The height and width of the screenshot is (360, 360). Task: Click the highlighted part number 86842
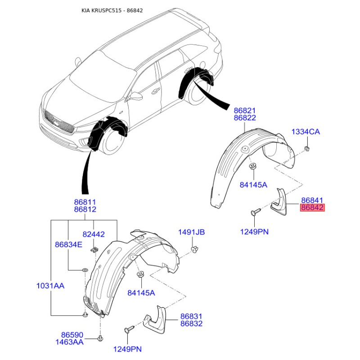pyautogui.click(x=312, y=207)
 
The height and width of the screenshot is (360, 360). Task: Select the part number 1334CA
pyautogui.click(x=306, y=132)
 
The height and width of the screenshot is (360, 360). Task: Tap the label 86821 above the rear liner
pyautogui.click(x=245, y=111)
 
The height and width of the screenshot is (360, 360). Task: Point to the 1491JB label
pyautogui.click(x=192, y=232)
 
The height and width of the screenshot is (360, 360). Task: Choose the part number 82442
pyautogui.click(x=94, y=234)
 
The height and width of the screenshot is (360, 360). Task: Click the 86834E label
pyautogui.click(x=68, y=244)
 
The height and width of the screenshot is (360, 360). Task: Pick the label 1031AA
pyautogui.click(x=50, y=286)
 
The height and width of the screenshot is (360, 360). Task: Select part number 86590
pyautogui.click(x=72, y=335)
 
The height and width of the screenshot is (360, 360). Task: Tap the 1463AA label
pyautogui.click(x=69, y=342)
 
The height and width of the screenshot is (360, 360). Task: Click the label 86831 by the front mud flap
pyautogui.click(x=191, y=316)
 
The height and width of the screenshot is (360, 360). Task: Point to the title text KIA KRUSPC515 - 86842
pyautogui.click(x=112, y=10)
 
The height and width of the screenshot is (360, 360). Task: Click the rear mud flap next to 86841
pyautogui.click(x=279, y=202)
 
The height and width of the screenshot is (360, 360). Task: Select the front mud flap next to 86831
pyautogui.click(x=154, y=319)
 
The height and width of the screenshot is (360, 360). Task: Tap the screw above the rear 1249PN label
pyautogui.click(x=256, y=211)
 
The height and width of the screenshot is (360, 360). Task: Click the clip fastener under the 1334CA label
pyautogui.click(x=307, y=148)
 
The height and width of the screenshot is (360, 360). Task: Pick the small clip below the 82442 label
pyautogui.click(x=94, y=250)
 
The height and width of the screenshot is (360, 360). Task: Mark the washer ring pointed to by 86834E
pyautogui.click(x=85, y=270)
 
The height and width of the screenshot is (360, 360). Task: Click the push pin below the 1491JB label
pyautogui.click(x=194, y=249)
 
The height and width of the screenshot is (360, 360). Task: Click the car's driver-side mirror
pyautogui.click(x=135, y=96)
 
